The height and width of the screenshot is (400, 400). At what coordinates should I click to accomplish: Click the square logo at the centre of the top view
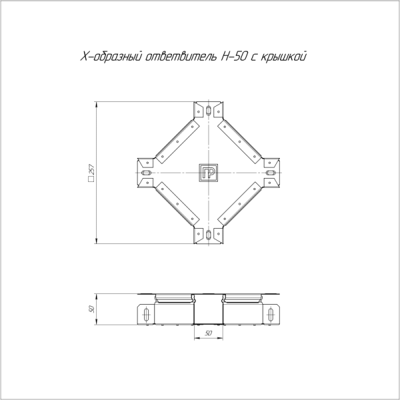click(208, 173)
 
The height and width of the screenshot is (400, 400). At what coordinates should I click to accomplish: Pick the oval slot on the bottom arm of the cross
click(208, 235)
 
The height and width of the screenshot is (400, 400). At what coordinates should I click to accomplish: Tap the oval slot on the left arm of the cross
click(145, 173)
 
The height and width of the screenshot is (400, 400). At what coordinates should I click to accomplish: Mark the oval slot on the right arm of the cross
click(271, 173)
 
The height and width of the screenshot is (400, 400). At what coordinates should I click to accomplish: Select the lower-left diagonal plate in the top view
click(176, 205)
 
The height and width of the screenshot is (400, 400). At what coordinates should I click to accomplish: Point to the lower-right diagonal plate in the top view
click(240, 205)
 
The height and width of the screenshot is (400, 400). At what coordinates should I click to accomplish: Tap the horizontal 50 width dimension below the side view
click(208, 332)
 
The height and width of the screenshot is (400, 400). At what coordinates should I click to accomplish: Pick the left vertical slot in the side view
click(147, 314)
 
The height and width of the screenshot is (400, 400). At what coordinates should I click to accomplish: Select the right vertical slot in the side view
click(270, 314)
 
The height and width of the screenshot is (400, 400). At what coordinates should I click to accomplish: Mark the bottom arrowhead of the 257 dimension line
click(97, 242)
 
